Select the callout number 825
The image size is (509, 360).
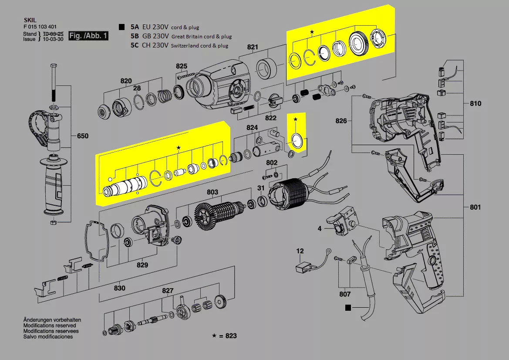pyautogui.click(x=182, y=66)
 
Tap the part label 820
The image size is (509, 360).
pyautogui.click(x=126, y=81)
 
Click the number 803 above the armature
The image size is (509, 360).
pyautogui.click(x=212, y=192)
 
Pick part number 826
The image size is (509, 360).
pyautogui.click(x=341, y=121)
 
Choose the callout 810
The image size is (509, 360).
pyautogui.click(x=475, y=104)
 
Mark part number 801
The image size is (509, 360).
pyautogui.click(x=475, y=207)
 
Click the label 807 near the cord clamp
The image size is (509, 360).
pyautogui.click(x=345, y=294)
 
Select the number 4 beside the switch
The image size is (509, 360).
pyautogui.click(x=320, y=228)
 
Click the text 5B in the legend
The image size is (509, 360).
pyautogui.click(x=135, y=36)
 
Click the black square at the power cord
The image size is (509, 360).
pyautogui.click(x=347, y=308)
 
